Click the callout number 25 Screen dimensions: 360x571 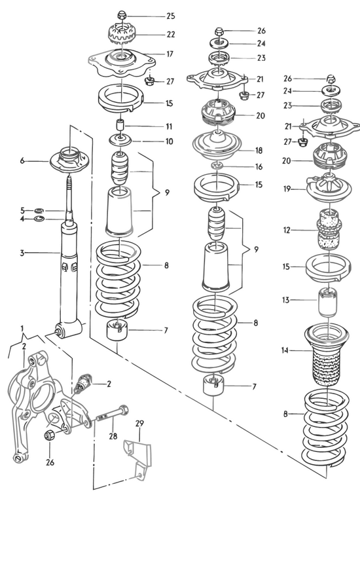pos(171,16)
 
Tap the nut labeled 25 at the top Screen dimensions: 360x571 pos(122,15)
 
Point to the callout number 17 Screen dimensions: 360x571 pos(170,54)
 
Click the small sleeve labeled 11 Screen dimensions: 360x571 pos(120,125)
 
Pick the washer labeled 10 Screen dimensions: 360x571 pos(120,139)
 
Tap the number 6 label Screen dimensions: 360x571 pos(22,160)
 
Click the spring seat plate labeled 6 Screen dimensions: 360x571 pos(69,160)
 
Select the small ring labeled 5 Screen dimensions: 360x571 pos(39,210)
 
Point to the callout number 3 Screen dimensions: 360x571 pos(22,252)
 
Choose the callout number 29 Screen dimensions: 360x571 pos(139,423)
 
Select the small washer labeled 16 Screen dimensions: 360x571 pos(217,166)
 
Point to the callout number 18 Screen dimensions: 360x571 pos(259,151)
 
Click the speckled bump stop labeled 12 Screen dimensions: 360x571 pos(329,229)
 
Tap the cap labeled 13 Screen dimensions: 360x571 pos(328,302)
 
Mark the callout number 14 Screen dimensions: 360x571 pos(284,350)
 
